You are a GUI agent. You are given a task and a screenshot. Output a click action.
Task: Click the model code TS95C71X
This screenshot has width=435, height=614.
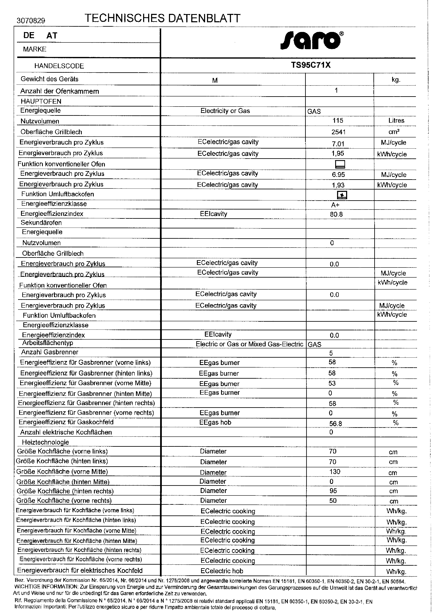(x=311, y=65)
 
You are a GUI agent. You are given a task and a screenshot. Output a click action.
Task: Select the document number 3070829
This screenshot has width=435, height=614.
(x=31, y=21)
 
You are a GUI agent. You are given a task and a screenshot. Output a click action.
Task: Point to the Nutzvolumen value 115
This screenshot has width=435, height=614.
(x=337, y=120)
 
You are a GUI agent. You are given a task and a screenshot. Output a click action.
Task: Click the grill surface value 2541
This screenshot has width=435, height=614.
(x=338, y=132)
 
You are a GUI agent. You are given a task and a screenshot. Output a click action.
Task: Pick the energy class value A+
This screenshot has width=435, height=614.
(x=335, y=205)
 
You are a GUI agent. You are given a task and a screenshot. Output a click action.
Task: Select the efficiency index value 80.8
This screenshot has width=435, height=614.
(x=336, y=214)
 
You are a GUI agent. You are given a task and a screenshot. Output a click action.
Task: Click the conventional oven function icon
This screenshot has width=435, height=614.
(x=340, y=164)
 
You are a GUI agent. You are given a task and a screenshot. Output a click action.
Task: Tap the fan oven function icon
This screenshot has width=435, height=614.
(x=342, y=195)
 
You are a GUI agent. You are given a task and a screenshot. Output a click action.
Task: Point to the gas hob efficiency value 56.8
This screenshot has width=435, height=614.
(x=335, y=423)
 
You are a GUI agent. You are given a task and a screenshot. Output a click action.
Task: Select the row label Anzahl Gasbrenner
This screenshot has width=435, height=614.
(x=50, y=352)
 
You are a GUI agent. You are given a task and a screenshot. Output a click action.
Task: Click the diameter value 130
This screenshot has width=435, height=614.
(x=335, y=472)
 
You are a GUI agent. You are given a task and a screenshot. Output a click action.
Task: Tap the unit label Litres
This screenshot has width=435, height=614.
(x=396, y=120)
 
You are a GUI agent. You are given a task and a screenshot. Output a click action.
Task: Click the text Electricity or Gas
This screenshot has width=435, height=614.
(x=225, y=111)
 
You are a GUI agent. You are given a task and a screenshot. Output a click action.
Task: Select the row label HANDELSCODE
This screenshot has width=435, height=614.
(x=59, y=66)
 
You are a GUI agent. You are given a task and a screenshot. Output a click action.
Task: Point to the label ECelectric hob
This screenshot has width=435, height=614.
(x=221, y=571)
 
